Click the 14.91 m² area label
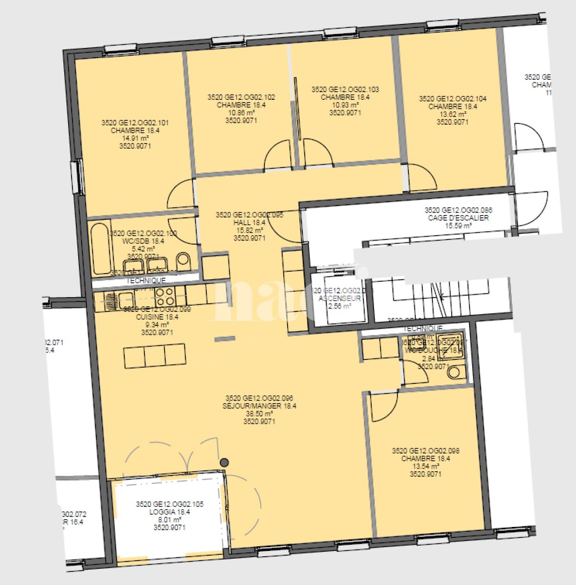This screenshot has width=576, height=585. tap(135, 138)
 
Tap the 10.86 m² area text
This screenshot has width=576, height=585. tap(241, 113)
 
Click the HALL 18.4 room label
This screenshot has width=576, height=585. tap(249, 223)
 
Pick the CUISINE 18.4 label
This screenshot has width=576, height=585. tap(157, 317)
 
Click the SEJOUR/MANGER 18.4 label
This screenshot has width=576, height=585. tap(259, 406)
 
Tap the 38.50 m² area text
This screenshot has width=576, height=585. tap(259, 414)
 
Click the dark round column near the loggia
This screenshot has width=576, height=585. tap(224, 463)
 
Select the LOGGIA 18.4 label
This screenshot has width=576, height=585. tap(169, 512)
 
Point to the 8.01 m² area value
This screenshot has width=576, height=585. tap(169, 520)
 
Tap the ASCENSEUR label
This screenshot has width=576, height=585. tap(339, 298)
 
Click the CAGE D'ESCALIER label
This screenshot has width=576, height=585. tap(458, 218)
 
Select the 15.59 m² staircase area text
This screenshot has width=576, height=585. tap(458, 226)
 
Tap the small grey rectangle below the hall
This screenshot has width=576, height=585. tap(225, 339)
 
